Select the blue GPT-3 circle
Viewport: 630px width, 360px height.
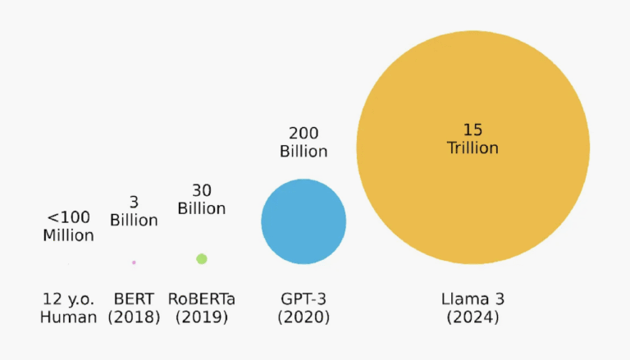click(304, 221)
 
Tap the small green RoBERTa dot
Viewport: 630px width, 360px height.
click(202, 259)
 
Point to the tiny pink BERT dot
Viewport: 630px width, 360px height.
click(134, 262)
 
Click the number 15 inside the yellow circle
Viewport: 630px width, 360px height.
click(472, 130)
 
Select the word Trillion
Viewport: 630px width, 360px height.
click(472, 148)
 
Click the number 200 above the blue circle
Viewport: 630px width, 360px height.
click(304, 133)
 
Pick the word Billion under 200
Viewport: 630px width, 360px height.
click(304, 152)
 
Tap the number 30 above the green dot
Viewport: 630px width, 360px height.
click(202, 189)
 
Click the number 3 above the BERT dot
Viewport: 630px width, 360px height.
click(134, 202)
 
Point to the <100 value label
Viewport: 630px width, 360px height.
click(68, 217)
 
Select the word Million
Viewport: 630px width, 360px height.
click(68, 236)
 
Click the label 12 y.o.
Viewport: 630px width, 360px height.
click(68, 298)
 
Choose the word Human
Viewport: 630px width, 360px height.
click(68, 317)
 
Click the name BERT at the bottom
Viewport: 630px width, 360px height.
click(134, 298)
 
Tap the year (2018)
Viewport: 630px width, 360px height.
click(134, 317)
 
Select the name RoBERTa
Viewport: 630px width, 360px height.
click(202, 298)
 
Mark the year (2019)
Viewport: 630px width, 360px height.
click(202, 317)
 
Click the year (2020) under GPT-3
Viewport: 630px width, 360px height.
click(304, 317)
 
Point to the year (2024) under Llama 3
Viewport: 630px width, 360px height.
click(472, 317)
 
